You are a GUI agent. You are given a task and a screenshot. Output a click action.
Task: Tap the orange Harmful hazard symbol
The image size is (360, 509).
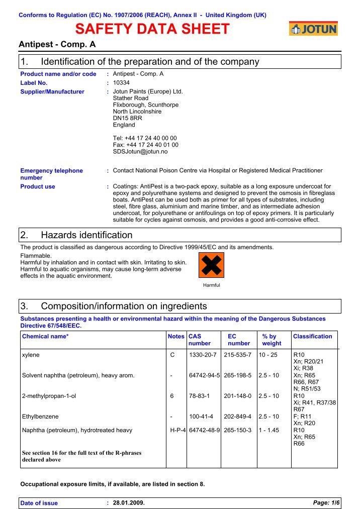coord(212,265)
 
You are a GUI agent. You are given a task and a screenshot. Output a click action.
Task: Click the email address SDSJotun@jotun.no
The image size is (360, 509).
coord(140,151)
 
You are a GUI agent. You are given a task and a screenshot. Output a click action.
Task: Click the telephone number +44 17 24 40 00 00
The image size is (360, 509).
coord(145,138)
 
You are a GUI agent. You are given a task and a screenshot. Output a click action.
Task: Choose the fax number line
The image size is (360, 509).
coord(145,145)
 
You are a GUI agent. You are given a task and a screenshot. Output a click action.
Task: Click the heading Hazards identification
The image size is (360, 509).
coord(86,235)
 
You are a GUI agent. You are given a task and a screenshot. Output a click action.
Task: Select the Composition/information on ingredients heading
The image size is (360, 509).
coord(124,307)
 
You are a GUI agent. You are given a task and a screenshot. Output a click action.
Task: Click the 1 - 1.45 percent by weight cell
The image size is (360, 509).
coord(268,430)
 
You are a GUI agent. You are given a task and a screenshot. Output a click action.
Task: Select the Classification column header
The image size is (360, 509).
coord(312,336)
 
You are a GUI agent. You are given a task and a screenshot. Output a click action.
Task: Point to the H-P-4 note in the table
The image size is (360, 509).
coord(177,430)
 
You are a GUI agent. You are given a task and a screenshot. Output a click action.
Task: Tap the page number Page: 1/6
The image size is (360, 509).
coord(326,503)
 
